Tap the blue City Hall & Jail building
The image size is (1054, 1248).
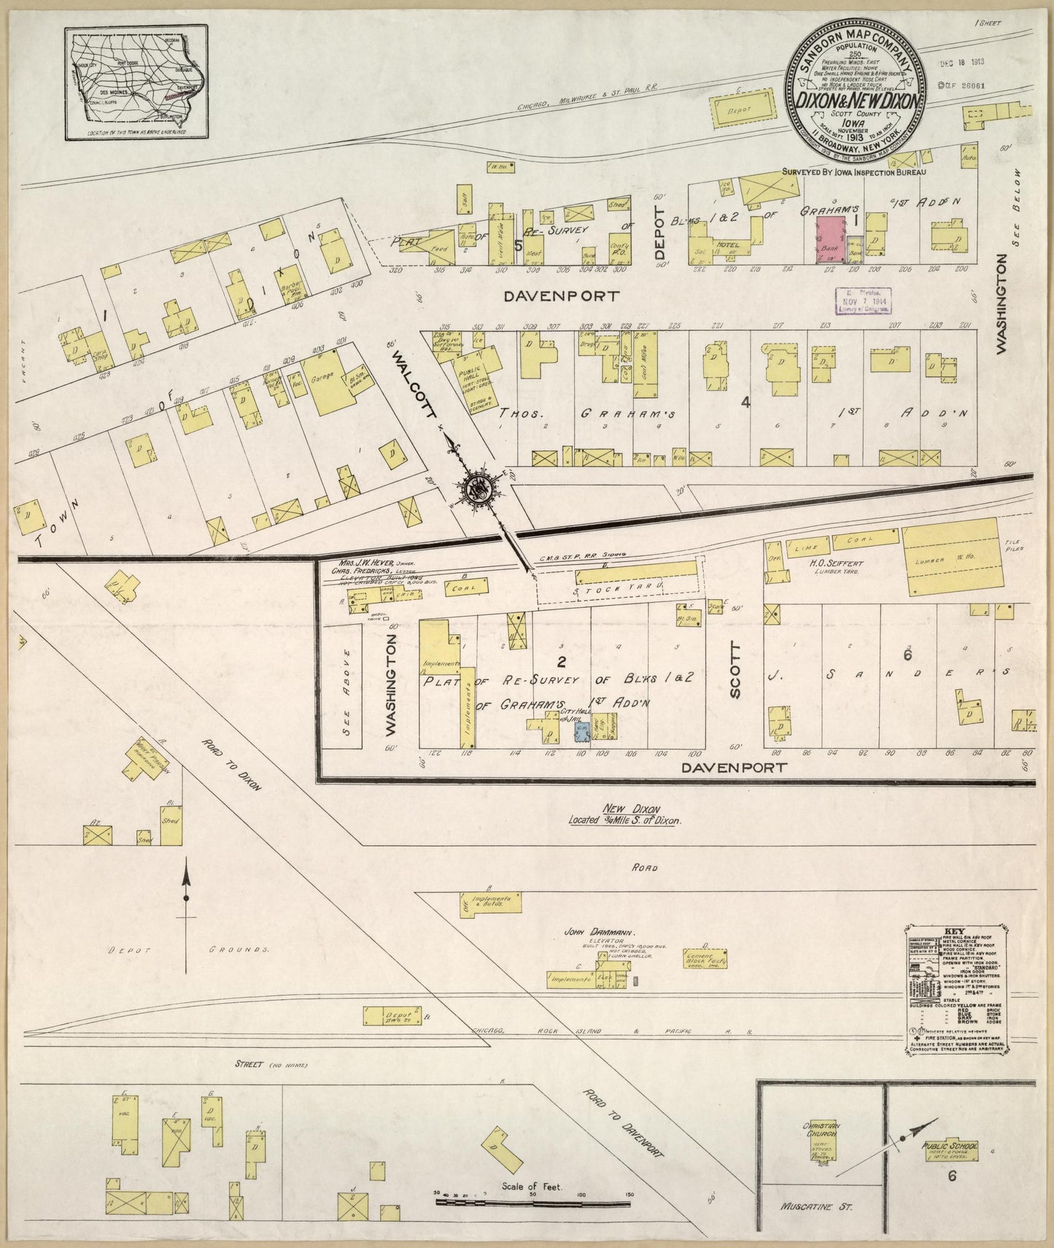click(581, 732)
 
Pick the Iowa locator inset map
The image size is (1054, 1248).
click(136, 82)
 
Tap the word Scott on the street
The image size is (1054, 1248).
click(735, 671)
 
